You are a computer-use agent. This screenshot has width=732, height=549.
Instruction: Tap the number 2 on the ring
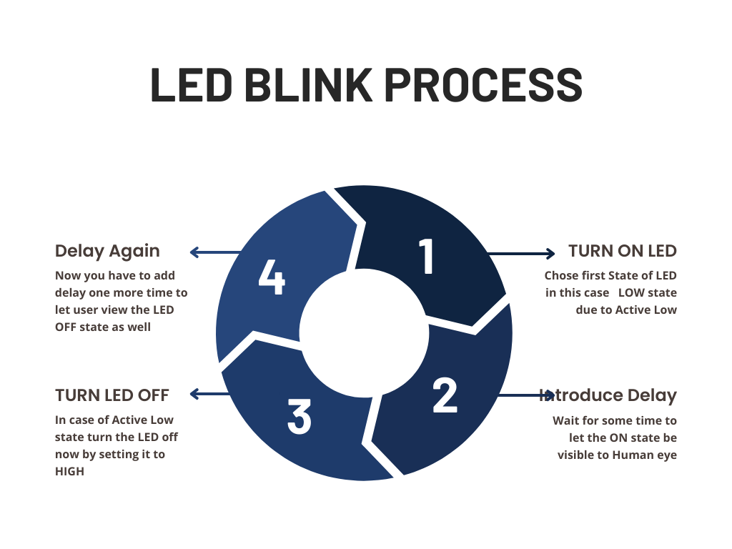(445, 395)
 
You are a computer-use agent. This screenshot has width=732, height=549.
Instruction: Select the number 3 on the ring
(300, 416)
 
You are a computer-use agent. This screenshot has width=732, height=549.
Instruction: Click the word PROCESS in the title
(484, 85)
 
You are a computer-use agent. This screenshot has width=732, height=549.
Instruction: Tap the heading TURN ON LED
(622, 251)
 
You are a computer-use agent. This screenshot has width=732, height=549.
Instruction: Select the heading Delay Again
(107, 251)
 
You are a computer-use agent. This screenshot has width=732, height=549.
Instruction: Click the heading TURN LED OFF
(112, 395)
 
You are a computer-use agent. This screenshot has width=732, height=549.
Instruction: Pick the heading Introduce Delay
(609, 395)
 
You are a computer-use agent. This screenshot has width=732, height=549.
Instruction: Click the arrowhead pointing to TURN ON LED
(550, 253)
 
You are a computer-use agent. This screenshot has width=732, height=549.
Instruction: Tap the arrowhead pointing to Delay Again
(194, 252)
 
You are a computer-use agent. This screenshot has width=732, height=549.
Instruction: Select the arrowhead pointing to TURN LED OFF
(194, 394)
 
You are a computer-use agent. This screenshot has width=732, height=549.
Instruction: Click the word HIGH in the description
(69, 471)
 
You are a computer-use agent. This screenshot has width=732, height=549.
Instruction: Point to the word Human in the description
(626, 455)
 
